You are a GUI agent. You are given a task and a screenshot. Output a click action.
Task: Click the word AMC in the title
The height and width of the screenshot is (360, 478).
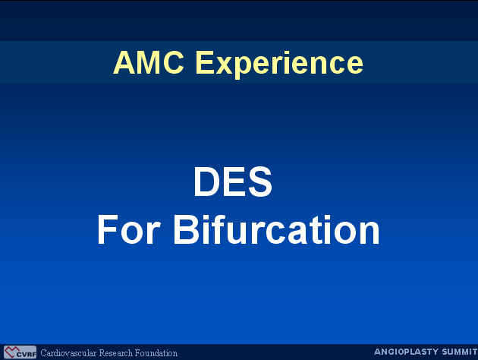[x=149, y=62]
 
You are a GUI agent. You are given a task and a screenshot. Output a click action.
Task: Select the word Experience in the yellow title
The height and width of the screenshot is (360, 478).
[x=279, y=65]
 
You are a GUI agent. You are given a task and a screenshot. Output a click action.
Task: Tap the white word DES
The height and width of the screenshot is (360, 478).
[x=233, y=182]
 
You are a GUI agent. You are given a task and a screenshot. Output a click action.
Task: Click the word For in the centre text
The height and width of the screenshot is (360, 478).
[x=129, y=229]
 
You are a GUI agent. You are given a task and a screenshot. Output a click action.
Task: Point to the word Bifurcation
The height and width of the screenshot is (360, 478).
[x=277, y=229]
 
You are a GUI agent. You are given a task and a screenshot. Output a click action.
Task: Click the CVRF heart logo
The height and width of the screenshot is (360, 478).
[x=20, y=352]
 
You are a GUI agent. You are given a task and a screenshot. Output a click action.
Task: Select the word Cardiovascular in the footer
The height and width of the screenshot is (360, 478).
[x=68, y=353]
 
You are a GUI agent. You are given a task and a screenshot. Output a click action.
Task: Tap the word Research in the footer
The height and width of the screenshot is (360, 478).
[x=116, y=353]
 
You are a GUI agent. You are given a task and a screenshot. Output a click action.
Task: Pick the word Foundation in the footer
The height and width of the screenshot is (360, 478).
[x=156, y=353]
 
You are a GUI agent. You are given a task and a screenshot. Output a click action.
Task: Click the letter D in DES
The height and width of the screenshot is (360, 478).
[x=206, y=182]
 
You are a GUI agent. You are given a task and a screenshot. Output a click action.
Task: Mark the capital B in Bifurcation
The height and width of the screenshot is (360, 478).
[x=186, y=229]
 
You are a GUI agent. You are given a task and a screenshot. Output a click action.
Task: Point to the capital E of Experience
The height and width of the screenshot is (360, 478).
[x=205, y=62]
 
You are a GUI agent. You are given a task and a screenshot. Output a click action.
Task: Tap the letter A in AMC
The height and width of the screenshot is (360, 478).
[x=124, y=62]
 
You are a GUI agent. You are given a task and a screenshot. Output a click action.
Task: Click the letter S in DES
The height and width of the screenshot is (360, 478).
[x=260, y=182]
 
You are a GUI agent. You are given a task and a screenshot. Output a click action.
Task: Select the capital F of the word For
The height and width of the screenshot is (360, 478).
[x=108, y=229]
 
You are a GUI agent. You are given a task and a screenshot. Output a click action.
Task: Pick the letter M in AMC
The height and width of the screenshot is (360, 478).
[x=149, y=62]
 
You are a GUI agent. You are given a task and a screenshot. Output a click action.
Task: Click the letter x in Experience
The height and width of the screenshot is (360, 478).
[x=225, y=65]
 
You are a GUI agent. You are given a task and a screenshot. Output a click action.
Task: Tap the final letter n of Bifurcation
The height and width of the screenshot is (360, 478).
[x=370, y=233]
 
